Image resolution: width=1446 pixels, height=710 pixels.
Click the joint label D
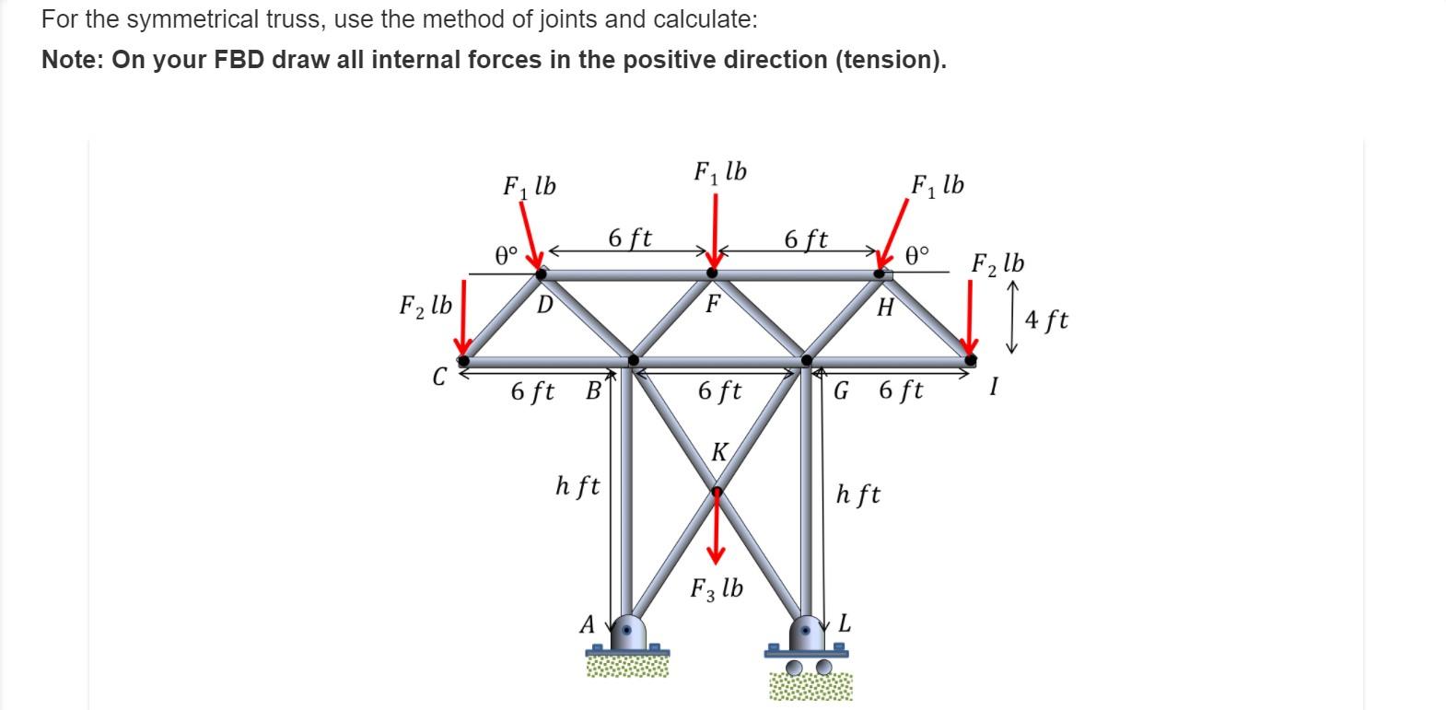click(x=544, y=304)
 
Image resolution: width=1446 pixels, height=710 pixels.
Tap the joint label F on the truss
click(x=713, y=303)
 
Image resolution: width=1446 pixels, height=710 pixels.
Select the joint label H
click(x=885, y=308)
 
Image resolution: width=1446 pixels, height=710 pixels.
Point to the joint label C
click(x=439, y=376)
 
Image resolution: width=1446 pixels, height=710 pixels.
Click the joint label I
click(x=993, y=387)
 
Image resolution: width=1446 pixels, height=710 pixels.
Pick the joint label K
click(x=719, y=452)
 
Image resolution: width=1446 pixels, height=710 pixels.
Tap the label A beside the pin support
click(x=587, y=624)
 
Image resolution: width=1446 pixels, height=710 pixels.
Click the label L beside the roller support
click(x=844, y=624)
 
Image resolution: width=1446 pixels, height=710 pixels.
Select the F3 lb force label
click(x=717, y=588)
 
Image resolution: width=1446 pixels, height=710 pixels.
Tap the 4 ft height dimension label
click(x=1046, y=320)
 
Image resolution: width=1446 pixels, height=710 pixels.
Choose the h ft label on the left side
click(x=577, y=485)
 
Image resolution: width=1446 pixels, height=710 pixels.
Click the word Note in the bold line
click(x=73, y=60)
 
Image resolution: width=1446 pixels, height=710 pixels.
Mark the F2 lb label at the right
click(x=997, y=263)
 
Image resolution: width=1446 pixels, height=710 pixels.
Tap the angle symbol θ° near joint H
click(x=918, y=253)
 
